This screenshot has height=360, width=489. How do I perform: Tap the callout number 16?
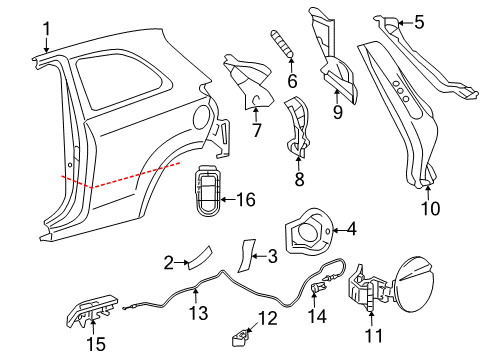coord(244,200)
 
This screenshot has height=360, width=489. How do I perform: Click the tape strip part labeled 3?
coord(245,254)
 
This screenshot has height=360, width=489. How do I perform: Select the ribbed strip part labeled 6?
coord(281,44)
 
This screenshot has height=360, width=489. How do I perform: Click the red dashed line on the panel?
coord(120,180)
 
